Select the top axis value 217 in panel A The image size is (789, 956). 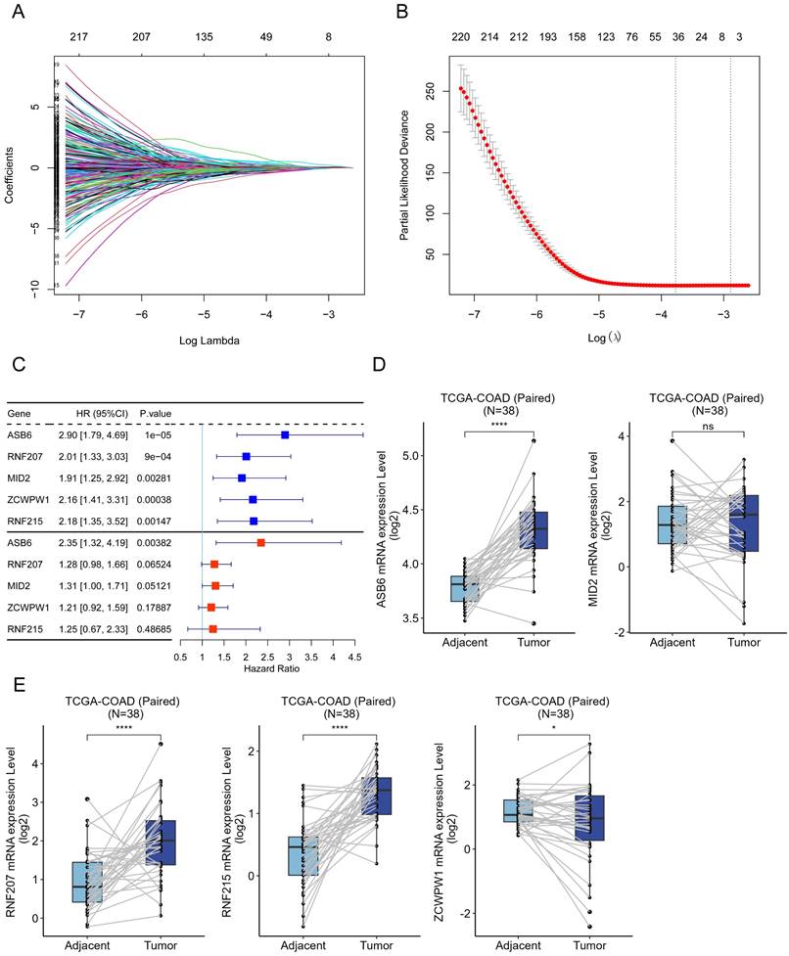[x=72, y=37]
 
